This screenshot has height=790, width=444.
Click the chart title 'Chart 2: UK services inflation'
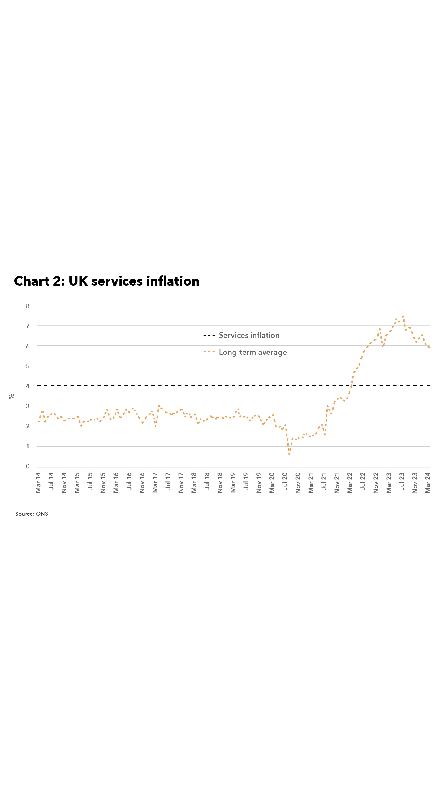point(107,281)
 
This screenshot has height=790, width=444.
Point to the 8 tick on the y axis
point(28,306)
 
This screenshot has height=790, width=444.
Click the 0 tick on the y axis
point(28,466)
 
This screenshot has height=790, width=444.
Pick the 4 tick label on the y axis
point(28,386)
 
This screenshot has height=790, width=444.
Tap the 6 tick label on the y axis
point(28,346)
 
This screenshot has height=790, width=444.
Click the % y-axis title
point(12,397)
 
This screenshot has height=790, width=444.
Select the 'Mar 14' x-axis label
point(38,482)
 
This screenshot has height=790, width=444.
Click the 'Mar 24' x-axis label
point(428,482)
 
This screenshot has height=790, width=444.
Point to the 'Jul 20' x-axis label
point(285,481)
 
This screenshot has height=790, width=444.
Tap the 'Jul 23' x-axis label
point(402,481)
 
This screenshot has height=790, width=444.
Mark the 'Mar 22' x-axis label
point(350,482)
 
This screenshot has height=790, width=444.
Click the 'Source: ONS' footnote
point(32,514)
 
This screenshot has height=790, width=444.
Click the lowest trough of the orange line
point(289,454)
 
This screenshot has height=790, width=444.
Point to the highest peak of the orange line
point(403,316)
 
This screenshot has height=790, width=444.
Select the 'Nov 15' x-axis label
point(103,482)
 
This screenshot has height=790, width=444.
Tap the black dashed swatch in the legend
point(209,336)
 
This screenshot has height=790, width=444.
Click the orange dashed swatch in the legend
point(209,352)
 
